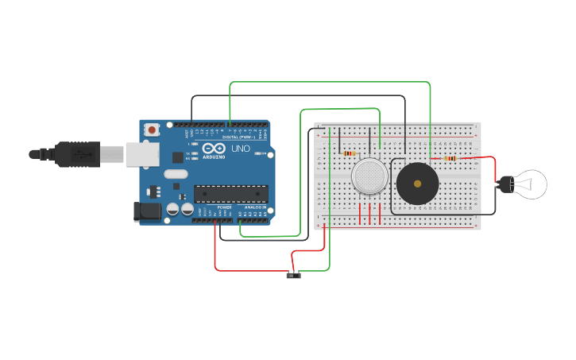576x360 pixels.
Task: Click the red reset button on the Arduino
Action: [151, 128]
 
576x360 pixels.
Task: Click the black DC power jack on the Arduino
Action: [148, 211]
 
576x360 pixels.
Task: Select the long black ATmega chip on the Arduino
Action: [231, 193]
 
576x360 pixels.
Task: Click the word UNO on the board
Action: [240, 149]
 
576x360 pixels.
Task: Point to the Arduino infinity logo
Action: [213, 149]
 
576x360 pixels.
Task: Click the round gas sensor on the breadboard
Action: [370, 176]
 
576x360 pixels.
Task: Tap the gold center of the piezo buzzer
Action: [417, 184]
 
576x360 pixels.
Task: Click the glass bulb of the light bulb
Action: [531, 184]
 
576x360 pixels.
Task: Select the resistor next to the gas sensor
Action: [350, 153]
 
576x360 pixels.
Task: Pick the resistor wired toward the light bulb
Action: [450, 158]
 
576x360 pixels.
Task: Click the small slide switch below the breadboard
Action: [294, 275]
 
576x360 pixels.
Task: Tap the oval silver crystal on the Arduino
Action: [176, 174]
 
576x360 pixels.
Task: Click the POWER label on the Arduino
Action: [224, 207]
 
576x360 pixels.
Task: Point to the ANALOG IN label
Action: [254, 207]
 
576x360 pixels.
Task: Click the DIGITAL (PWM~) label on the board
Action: [239, 137]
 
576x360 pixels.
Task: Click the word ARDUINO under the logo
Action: [213, 157]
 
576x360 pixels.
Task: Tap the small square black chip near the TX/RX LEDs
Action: [177, 157]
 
